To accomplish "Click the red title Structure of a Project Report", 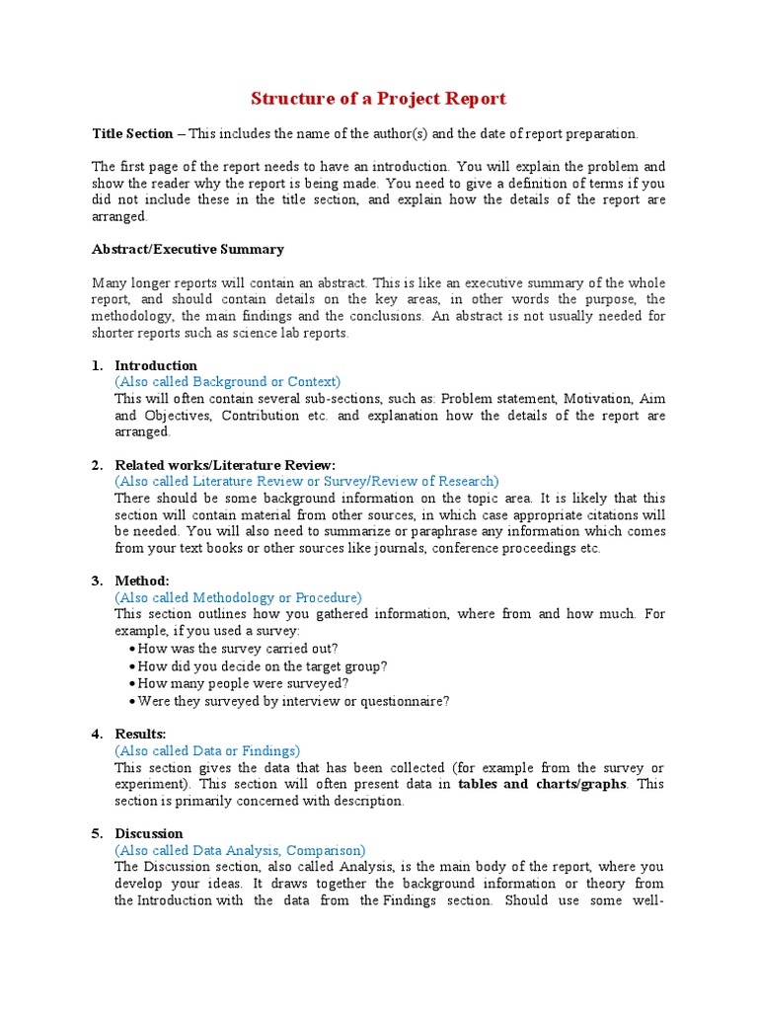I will click(378, 99).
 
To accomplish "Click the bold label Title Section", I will click(132, 134).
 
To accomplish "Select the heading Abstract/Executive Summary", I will click(188, 250).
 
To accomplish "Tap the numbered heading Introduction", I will click(156, 365).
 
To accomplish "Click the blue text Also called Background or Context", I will click(227, 382).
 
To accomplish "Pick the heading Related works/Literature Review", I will click(225, 465).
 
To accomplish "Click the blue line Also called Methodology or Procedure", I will click(238, 597).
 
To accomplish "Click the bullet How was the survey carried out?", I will click(237, 649).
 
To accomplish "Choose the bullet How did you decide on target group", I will click(262, 666).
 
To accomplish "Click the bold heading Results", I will click(140, 734).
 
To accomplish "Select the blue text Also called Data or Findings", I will click(207, 751).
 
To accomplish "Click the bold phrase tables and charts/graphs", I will click(542, 785).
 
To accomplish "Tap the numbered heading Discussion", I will click(149, 833).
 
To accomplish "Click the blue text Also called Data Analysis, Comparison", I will click(240, 850).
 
